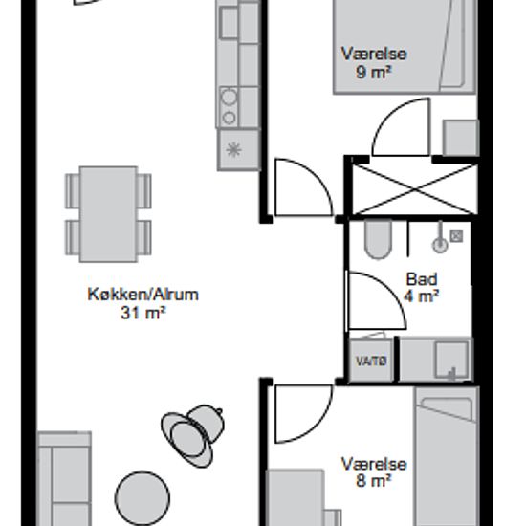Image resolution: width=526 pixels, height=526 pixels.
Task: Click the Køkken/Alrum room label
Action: (142, 295)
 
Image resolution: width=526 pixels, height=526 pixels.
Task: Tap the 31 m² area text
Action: (143, 314)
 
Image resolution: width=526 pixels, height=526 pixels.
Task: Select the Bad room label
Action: (422, 279)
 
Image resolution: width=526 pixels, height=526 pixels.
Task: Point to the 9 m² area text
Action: (374, 73)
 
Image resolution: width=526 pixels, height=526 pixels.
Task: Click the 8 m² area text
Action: (373, 481)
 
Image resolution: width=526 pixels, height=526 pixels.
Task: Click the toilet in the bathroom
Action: (379, 239)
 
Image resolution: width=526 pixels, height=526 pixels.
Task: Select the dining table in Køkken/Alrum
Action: (108, 214)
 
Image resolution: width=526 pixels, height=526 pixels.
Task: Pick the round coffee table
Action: (142, 498)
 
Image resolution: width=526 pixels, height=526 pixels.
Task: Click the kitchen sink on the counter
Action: (230, 23)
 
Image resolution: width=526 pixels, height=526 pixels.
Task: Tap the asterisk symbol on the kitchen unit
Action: (233, 149)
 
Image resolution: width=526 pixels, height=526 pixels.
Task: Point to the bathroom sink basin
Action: (451, 360)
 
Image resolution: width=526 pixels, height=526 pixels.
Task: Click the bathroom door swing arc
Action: (393, 289)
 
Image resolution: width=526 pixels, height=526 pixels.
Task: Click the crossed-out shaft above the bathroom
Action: (415, 190)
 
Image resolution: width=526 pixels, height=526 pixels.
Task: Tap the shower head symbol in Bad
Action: (440, 242)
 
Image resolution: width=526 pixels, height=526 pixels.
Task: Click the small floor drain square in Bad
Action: (456, 235)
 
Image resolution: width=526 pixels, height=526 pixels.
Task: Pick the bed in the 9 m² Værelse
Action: (405, 46)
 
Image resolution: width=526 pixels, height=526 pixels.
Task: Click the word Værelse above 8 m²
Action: (374, 464)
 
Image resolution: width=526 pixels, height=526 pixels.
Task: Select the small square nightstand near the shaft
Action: (461, 138)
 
